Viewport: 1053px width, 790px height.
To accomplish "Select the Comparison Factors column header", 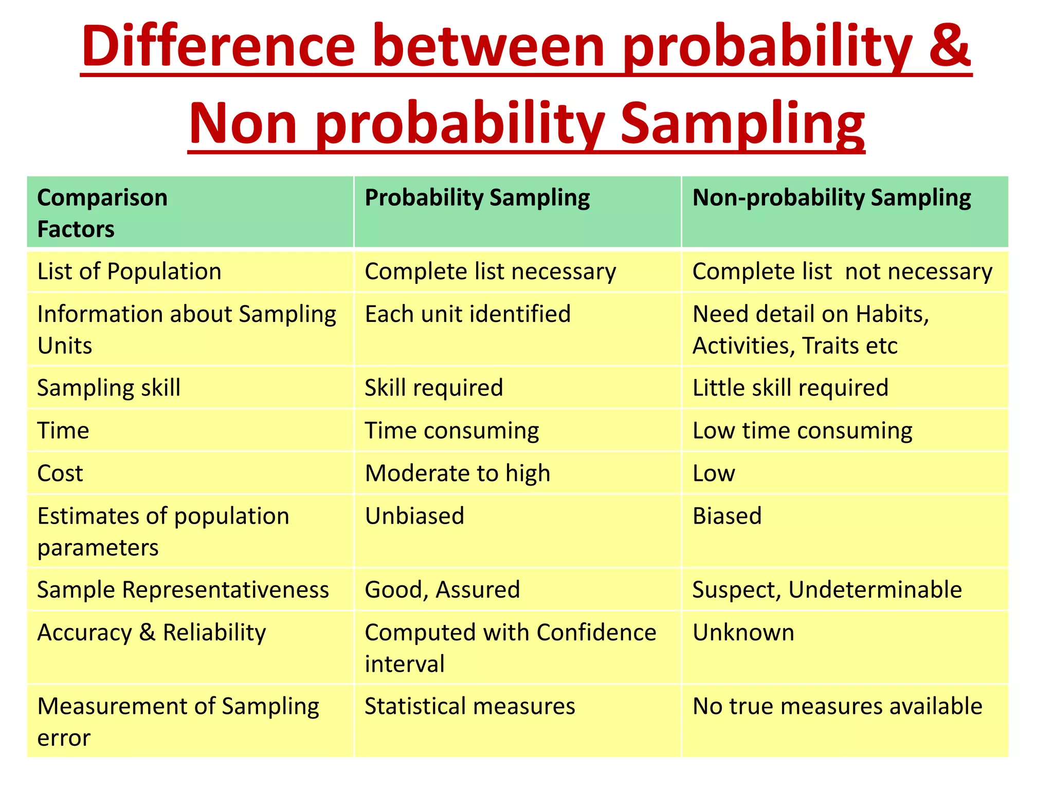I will click(102, 213).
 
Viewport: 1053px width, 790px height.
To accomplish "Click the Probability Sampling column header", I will click(477, 198).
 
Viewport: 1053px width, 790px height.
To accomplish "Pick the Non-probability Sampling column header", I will click(831, 198).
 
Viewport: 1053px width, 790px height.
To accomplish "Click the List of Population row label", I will click(129, 272).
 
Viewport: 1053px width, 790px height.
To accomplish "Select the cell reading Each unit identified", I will click(467, 314).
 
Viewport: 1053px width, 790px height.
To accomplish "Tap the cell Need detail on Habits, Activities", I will click(811, 330).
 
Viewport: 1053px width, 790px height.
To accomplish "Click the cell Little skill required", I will click(790, 388).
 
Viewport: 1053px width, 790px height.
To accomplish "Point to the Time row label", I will click(63, 430).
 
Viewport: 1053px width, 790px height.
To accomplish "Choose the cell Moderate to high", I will click(457, 473).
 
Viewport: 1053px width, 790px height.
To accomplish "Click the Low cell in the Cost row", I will click(714, 473).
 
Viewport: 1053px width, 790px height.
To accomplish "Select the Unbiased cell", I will click(414, 516).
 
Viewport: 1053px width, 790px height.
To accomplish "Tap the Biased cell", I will click(727, 516).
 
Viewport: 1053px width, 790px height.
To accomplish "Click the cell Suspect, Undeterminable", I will click(827, 590).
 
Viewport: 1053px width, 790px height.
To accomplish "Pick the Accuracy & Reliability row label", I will click(152, 633).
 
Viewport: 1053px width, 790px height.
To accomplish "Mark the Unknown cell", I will click(743, 633).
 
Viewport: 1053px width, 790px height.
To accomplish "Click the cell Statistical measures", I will click(469, 706).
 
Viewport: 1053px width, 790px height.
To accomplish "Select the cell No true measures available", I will click(837, 706).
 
